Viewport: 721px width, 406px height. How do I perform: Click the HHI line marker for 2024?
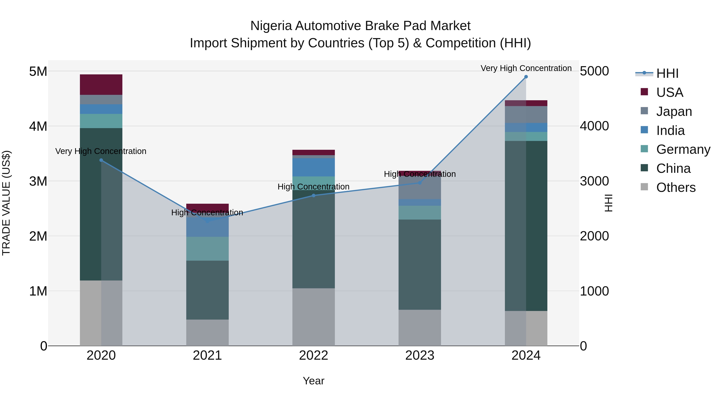[x=526, y=77]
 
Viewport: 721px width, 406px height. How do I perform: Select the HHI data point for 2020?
[x=101, y=160]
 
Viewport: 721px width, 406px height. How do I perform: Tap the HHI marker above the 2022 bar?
[x=313, y=195]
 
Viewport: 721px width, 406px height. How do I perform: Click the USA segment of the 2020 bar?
[x=101, y=85]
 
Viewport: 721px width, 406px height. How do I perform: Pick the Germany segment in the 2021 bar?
[x=207, y=249]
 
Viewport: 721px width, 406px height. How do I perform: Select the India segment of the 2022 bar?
[x=313, y=167]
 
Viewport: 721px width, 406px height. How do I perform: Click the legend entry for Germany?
[x=683, y=149]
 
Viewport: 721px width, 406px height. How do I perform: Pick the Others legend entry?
[x=676, y=187]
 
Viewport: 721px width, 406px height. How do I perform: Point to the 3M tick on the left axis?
[x=38, y=181]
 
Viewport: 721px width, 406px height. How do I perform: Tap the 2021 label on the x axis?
[x=207, y=355]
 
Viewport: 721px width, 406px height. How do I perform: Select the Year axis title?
[x=313, y=381]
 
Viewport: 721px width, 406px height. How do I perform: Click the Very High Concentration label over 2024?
[x=526, y=68]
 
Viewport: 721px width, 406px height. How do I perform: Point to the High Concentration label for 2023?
[x=420, y=174]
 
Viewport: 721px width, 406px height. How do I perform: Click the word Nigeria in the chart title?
[x=271, y=26]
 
